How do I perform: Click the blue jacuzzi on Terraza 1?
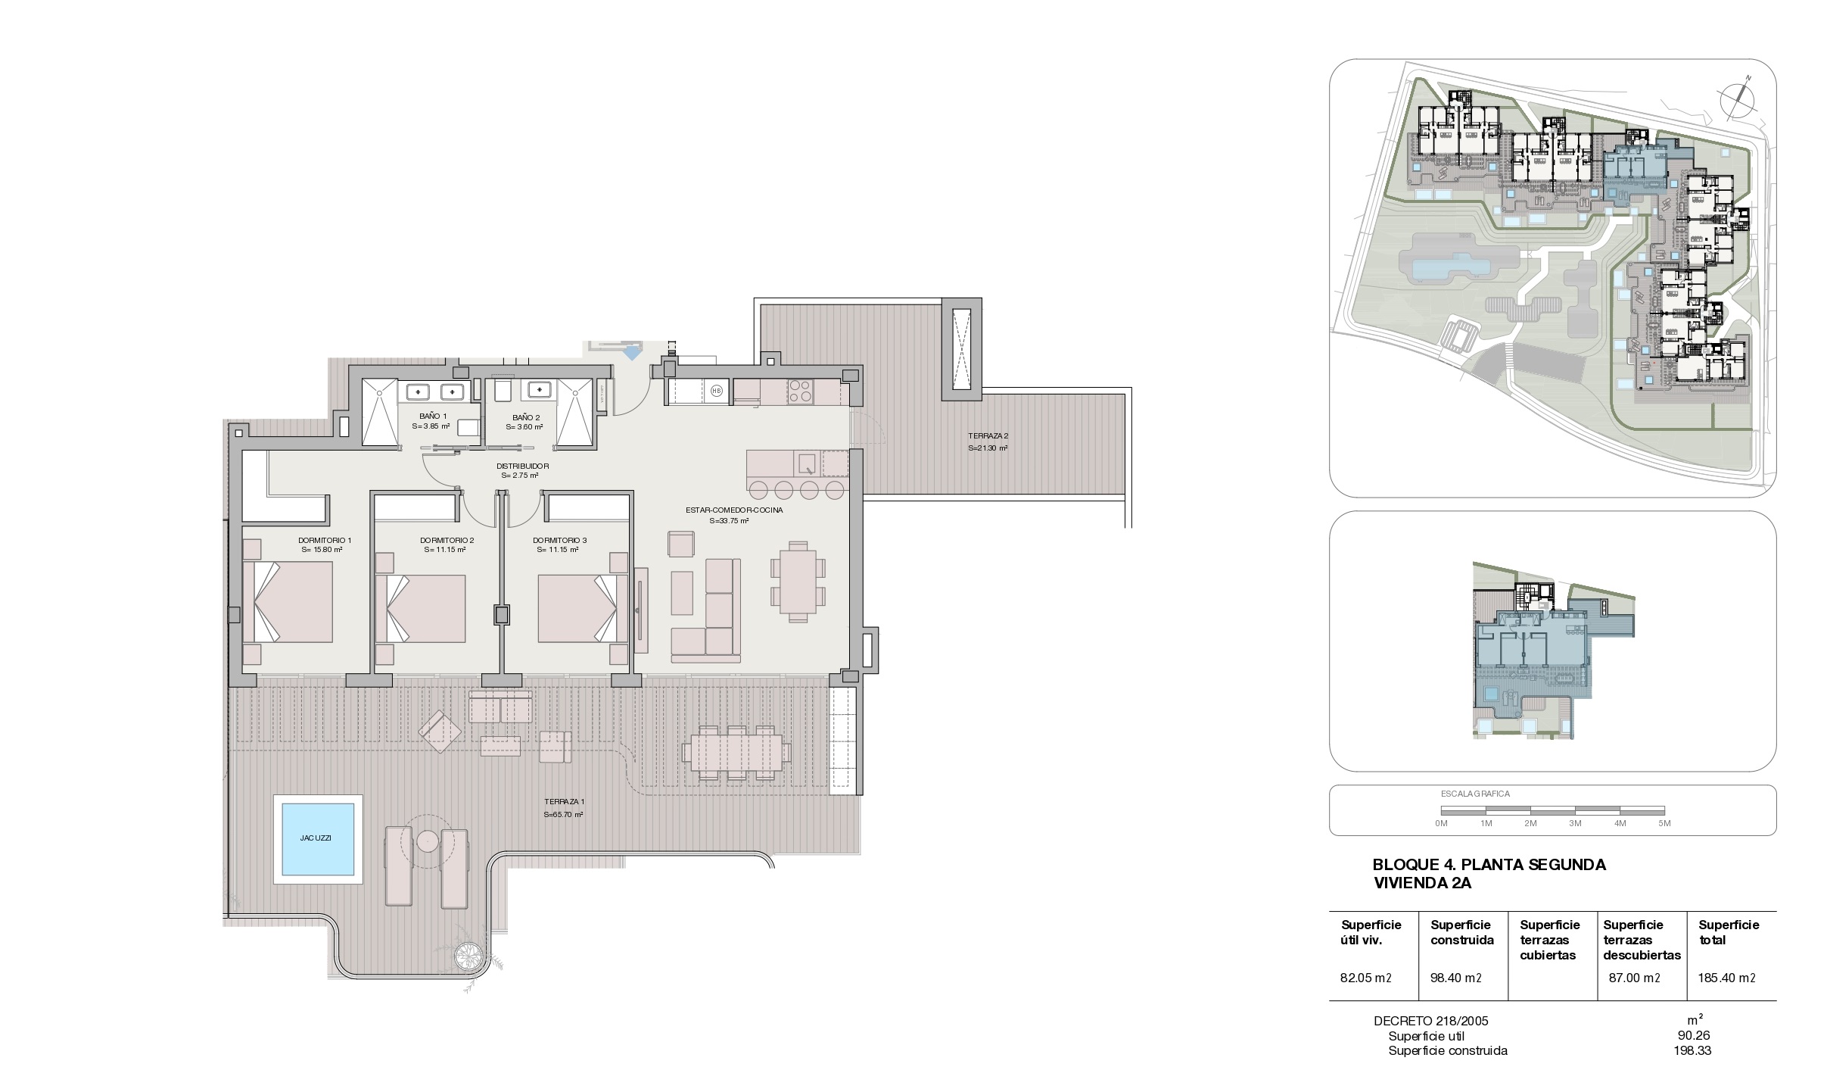(318, 838)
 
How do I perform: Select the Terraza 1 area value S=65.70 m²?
(563, 815)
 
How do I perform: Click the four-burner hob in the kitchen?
(800, 392)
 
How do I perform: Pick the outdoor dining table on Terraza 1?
(733, 752)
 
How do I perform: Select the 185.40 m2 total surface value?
(1726, 978)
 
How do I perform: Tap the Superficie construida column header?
(1462, 933)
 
